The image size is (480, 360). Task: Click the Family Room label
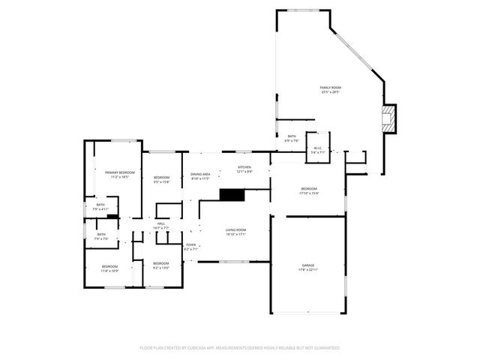click(331, 90)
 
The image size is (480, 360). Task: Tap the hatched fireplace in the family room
click(388, 118)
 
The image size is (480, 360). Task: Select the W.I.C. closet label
click(317, 149)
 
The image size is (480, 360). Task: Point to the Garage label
click(308, 267)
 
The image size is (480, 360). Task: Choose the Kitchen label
click(244, 169)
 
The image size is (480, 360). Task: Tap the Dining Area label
click(200, 176)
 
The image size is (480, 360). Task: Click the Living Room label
click(236, 232)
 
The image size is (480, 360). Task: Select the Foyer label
click(191, 247)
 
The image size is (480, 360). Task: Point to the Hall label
click(161, 225)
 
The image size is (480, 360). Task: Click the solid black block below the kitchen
click(232, 194)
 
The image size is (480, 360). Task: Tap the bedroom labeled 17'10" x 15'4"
click(309, 190)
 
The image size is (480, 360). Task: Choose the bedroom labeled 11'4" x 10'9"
click(109, 268)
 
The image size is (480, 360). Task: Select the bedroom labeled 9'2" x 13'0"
click(161, 265)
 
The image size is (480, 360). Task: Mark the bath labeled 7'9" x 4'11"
click(100, 206)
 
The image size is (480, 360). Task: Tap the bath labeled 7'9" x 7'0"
click(101, 236)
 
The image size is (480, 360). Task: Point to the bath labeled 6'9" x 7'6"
click(292, 139)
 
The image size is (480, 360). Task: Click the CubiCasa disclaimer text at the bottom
click(240, 348)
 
